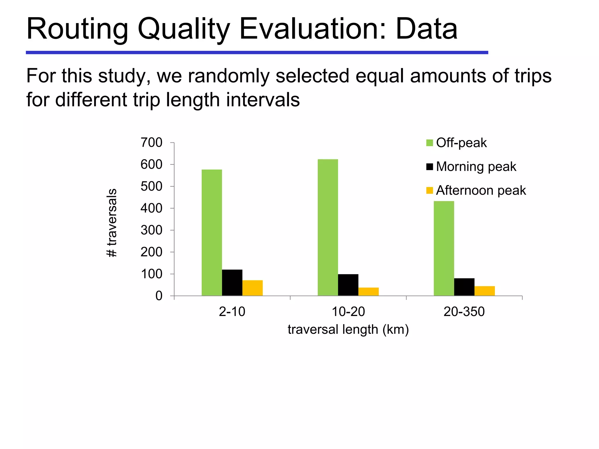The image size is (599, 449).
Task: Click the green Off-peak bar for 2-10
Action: [x=211, y=232]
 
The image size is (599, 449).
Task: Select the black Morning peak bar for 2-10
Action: [x=232, y=282]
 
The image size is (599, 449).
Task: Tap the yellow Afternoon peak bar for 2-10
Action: [x=252, y=288]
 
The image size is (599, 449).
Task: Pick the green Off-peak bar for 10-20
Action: [x=328, y=227]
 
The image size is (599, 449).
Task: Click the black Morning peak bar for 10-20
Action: [x=348, y=285]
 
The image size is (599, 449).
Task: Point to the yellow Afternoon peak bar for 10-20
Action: [x=369, y=291]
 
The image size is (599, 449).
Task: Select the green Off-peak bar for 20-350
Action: [x=444, y=248]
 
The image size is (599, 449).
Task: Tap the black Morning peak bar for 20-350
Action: [x=464, y=287]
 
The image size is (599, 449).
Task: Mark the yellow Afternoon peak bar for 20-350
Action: [x=485, y=291]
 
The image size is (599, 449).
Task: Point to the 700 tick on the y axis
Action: [x=152, y=143]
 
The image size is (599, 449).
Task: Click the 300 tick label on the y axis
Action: [x=152, y=230]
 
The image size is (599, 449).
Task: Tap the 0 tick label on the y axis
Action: [x=159, y=296]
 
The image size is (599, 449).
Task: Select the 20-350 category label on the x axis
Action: [x=464, y=312]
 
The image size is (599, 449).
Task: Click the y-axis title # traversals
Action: [x=112, y=223]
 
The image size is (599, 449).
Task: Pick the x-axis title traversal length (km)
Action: [x=348, y=330]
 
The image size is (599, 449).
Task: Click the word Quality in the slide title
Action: [x=184, y=29]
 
